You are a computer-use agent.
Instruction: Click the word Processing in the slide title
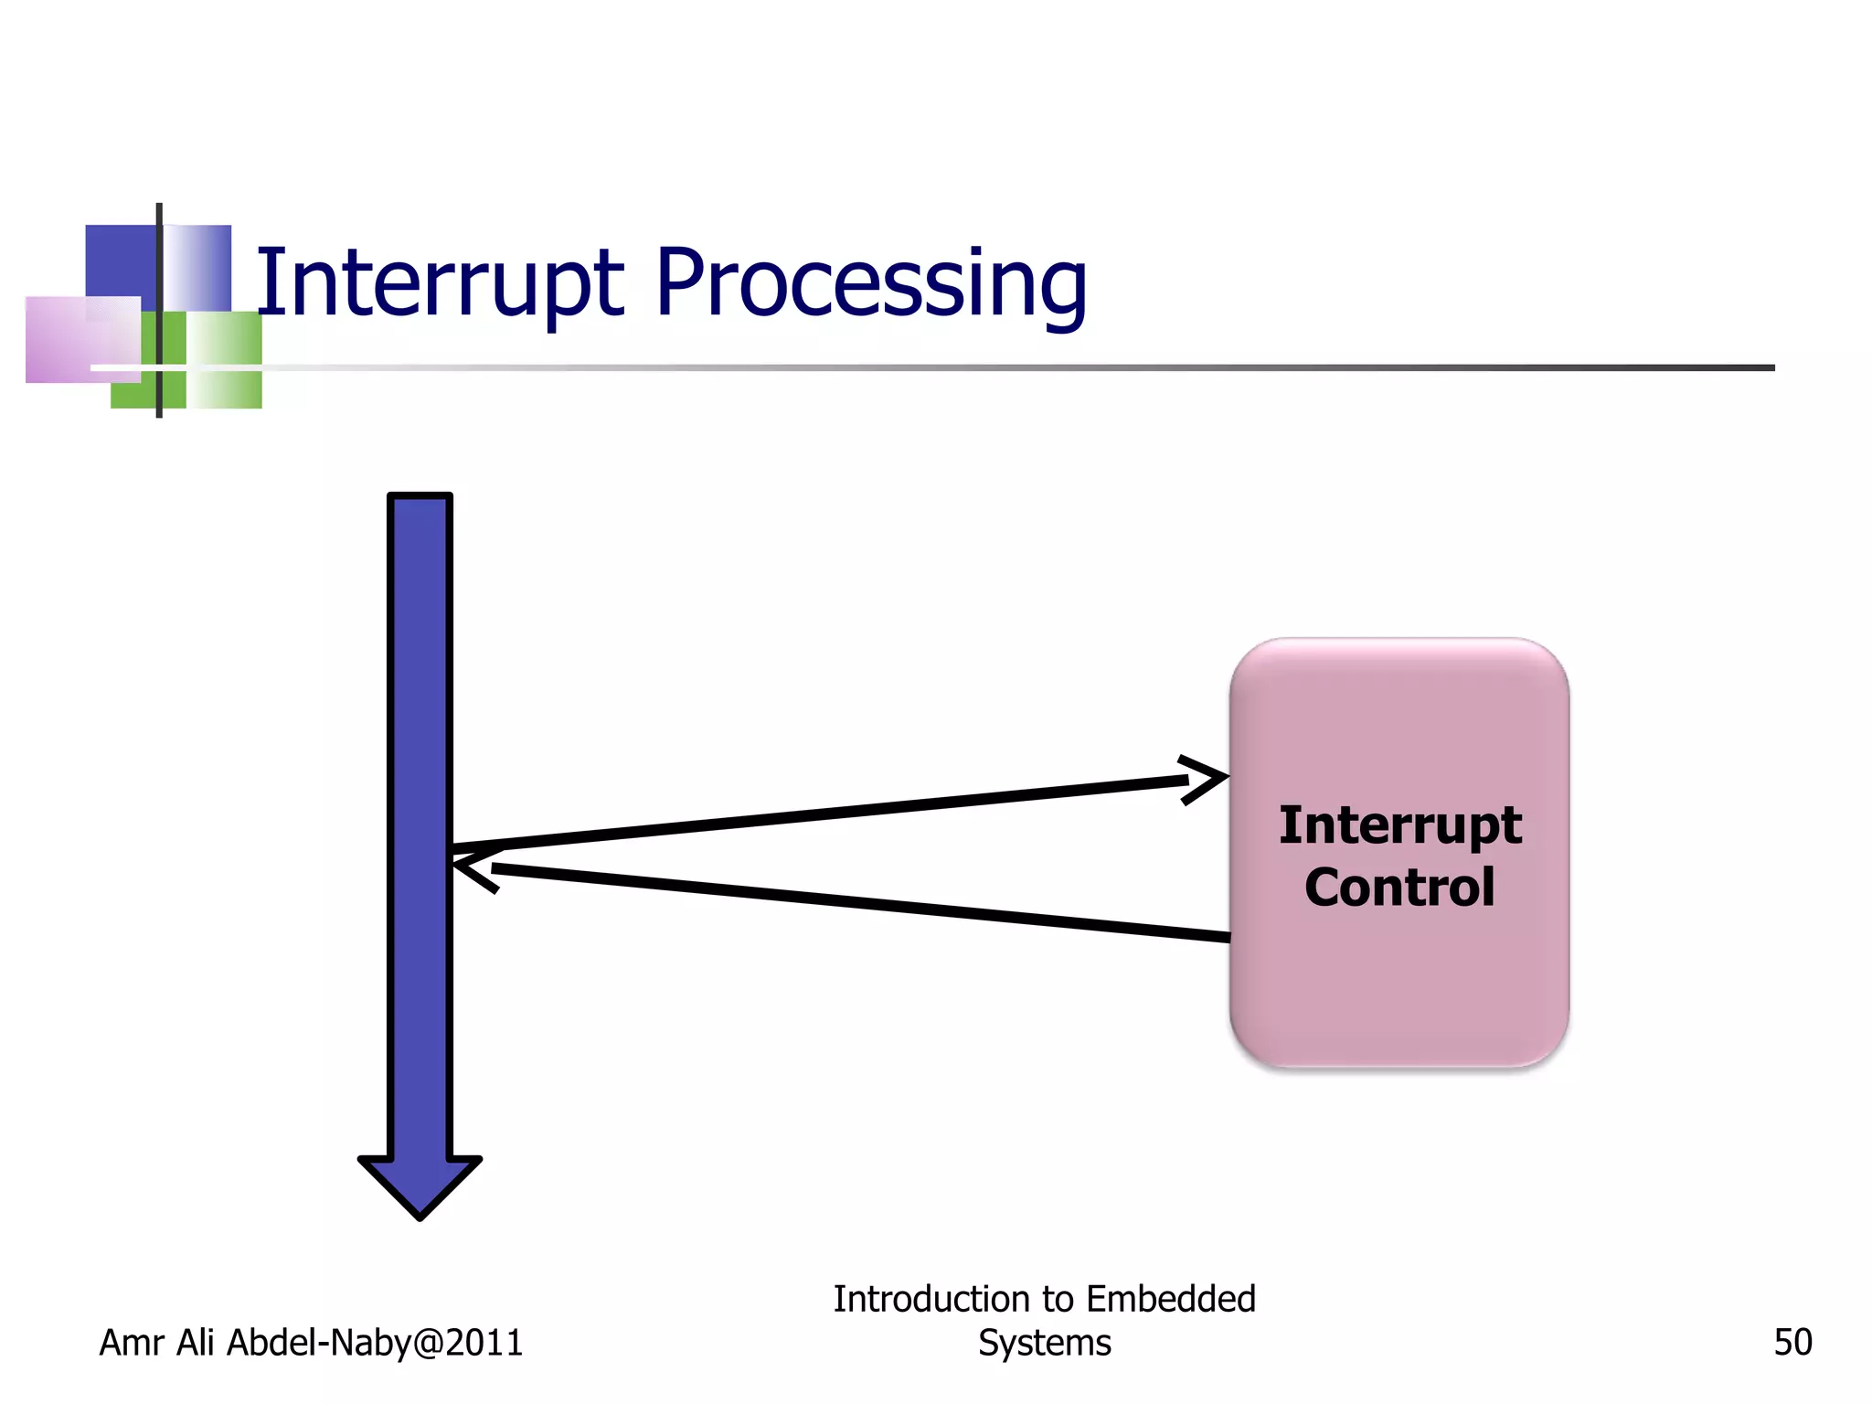(x=870, y=285)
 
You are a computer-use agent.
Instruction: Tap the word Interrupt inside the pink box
(x=1399, y=825)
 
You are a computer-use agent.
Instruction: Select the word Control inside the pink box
(x=1399, y=887)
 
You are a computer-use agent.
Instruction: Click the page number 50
(x=1792, y=1342)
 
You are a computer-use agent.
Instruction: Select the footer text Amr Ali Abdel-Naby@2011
(x=311, y=1342)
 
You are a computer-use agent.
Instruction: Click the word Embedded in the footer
(x=1171, y=1299)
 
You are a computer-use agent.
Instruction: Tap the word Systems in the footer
(x=1044, y=1343)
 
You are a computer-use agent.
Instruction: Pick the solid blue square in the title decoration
(x=120, y=261)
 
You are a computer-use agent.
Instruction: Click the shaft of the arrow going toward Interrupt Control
(x=823, y=812)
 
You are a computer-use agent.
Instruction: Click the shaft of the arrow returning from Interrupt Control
(x=859, y=901)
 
